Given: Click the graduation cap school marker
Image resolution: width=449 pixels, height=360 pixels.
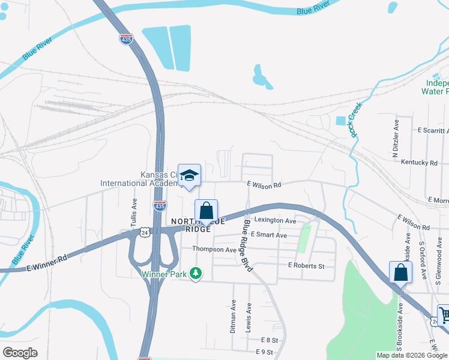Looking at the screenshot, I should point(189,175).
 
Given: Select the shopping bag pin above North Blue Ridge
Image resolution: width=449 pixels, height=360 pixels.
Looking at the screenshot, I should point(206,211).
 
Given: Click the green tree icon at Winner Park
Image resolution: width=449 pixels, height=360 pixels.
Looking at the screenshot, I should point(195,274).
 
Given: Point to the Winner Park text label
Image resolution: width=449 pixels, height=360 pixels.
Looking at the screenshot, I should point(164,274).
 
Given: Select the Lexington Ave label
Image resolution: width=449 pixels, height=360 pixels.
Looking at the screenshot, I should point(275,221).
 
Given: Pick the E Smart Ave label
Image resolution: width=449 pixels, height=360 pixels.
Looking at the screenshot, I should point(269,235).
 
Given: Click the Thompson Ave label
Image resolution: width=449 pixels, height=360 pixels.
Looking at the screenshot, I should point(214,249).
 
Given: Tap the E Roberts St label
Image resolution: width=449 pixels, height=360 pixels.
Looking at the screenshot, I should point(306,266).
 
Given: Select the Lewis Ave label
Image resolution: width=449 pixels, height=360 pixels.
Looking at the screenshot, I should point(248,317).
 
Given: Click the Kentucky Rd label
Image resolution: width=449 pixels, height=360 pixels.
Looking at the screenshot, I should point(419,163).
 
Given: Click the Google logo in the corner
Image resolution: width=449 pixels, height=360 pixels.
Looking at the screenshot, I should point(20,352).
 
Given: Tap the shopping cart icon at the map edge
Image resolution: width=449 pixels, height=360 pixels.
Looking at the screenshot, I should point(444,314).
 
